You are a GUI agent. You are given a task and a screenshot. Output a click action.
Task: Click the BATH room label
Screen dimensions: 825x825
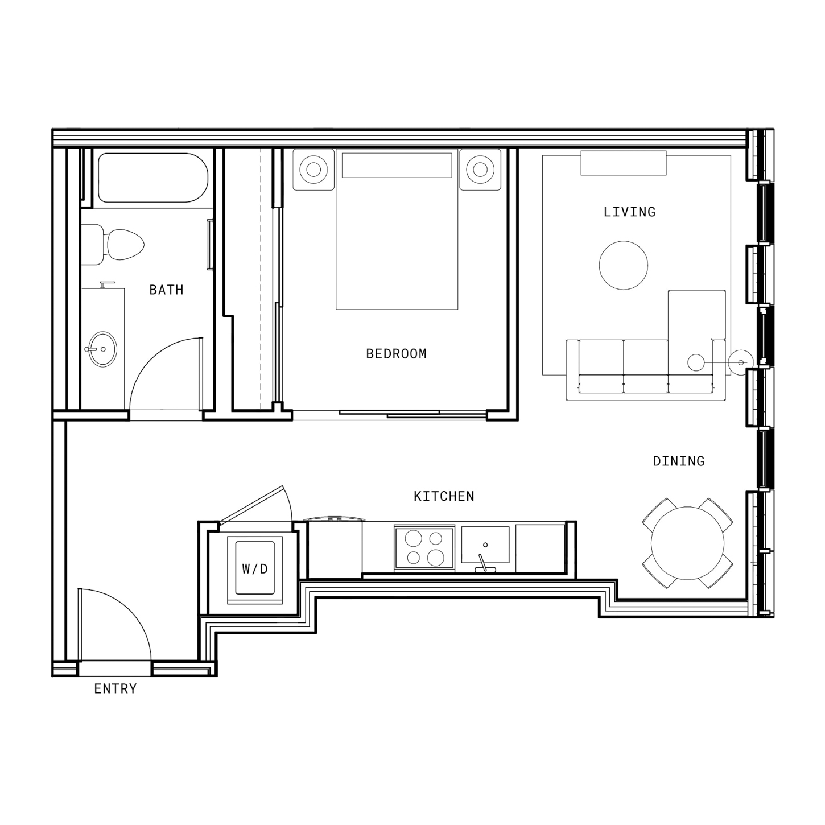point(167,290)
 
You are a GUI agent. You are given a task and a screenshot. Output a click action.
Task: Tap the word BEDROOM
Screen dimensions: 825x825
point(397,354)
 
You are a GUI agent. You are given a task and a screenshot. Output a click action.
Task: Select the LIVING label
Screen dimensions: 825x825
point(630,212)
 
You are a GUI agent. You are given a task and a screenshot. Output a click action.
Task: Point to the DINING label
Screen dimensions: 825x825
point(679,461)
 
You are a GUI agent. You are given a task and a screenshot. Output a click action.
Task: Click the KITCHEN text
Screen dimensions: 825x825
point(444,496)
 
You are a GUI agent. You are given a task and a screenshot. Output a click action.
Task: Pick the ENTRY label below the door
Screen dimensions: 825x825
point(115,688)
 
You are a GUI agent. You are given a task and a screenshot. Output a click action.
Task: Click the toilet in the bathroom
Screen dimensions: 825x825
point(113,245)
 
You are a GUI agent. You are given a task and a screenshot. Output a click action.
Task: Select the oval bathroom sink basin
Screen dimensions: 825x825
point(103,349)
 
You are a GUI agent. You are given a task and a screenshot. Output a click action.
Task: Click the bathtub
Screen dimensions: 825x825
point(153,178)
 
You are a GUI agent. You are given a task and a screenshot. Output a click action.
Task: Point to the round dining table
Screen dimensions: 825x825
point(687,543)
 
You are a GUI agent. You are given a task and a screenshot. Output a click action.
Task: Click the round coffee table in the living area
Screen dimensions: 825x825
point(624,266)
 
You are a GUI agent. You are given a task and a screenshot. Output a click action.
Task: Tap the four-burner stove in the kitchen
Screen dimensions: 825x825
point(424,548)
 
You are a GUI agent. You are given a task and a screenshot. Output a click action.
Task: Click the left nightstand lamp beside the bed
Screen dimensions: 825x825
point(314,170)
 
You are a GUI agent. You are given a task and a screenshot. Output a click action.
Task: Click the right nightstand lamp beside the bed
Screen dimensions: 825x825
point(480,170)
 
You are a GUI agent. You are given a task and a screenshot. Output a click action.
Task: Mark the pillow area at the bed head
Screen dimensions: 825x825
point(397,165)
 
